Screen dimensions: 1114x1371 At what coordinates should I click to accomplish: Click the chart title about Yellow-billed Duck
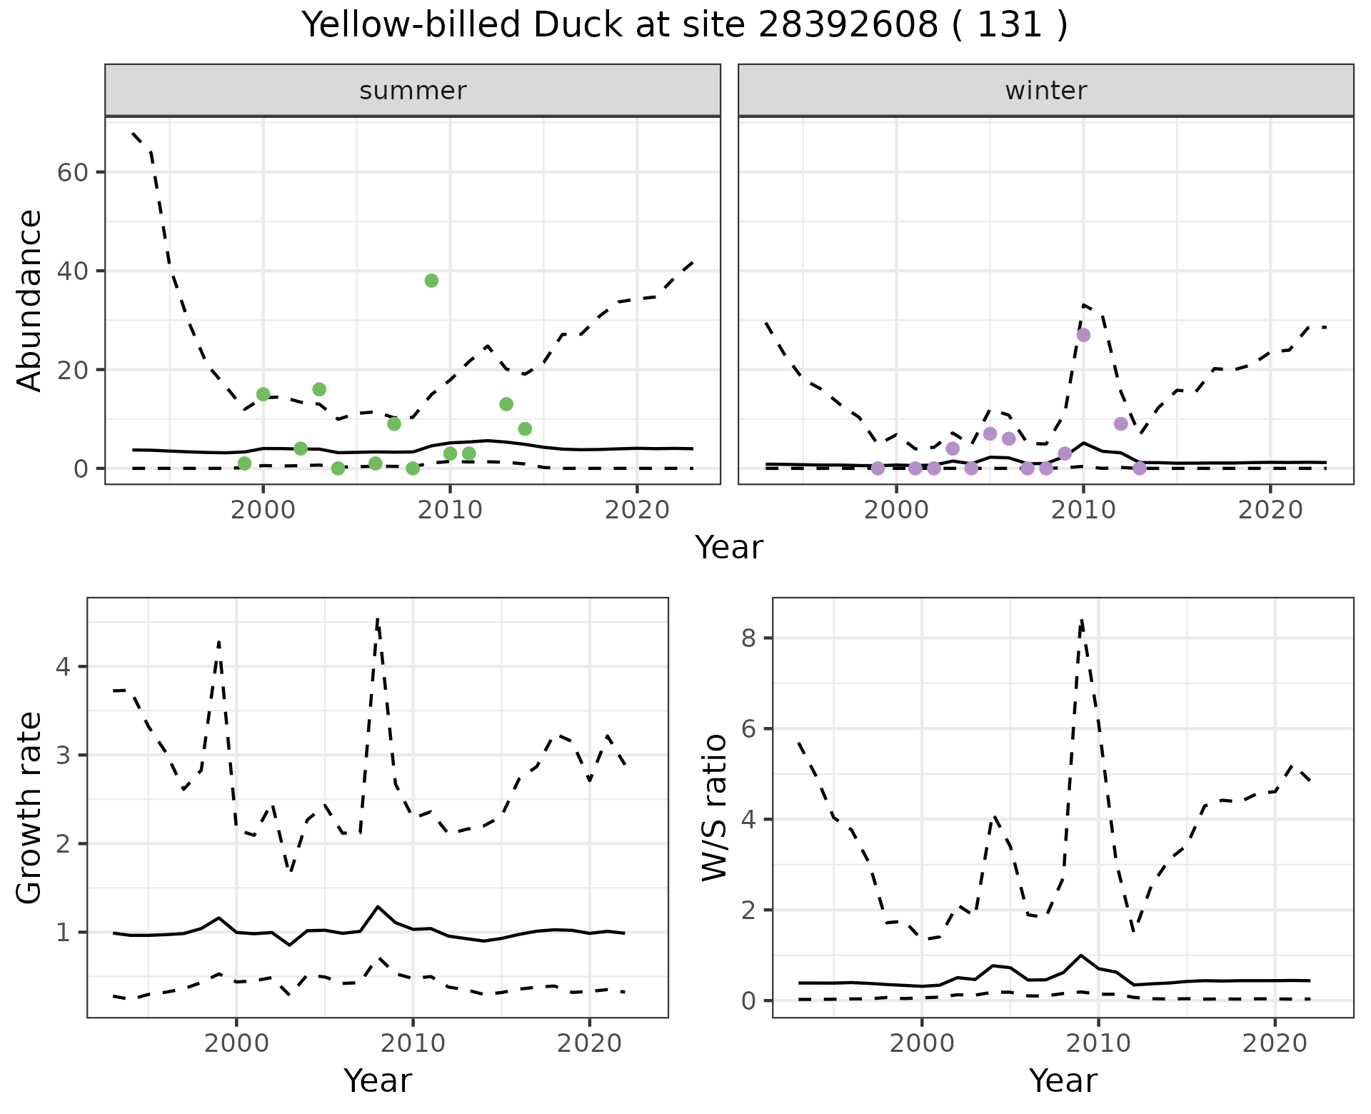684,26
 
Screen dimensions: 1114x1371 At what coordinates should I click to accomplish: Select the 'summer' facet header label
413,91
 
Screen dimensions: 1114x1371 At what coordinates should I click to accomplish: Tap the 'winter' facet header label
1045,91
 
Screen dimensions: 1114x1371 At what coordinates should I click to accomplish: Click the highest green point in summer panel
431,281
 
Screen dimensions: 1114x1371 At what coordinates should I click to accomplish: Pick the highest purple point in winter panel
1083,335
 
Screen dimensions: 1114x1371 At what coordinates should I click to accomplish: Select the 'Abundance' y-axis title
30,301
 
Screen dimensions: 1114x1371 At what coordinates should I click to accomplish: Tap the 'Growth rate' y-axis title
30,808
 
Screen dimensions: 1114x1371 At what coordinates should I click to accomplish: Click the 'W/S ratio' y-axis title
715,808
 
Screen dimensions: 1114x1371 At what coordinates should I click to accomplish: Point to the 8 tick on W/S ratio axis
749,638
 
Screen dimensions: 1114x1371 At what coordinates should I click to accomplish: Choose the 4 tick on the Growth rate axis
64,667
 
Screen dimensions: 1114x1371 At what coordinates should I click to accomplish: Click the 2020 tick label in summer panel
636,510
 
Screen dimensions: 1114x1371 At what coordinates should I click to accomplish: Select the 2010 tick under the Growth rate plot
413,1043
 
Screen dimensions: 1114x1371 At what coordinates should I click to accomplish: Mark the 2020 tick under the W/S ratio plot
1275,1043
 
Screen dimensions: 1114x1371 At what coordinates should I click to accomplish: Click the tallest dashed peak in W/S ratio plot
1082,620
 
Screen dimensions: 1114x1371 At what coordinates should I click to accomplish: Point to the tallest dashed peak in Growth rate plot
377,618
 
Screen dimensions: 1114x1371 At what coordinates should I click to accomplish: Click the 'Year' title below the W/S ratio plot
1063,1081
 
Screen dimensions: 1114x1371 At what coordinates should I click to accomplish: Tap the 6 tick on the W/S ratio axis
749,728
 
